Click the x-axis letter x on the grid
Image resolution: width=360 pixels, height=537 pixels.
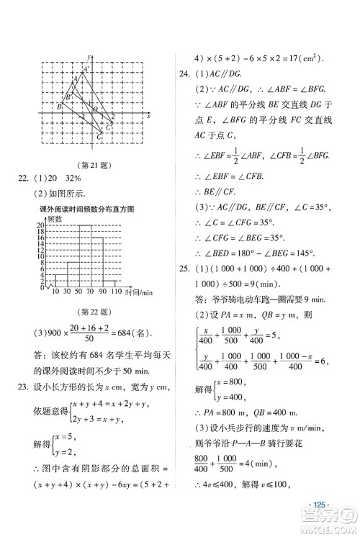148,115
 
